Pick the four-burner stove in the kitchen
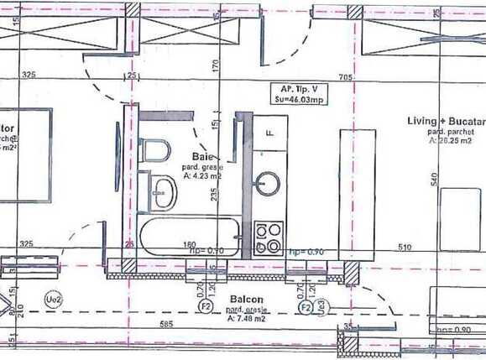270,237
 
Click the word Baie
201,156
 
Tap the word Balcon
245,300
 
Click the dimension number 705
344,76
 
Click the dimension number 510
405,248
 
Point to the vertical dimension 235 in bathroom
215,195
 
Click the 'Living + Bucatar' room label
445,122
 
